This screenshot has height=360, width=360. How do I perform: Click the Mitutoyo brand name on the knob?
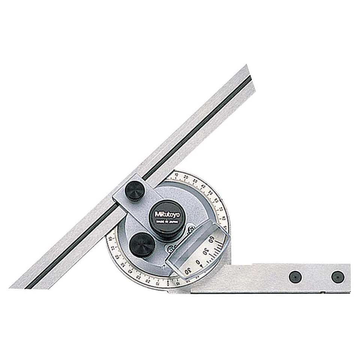pyautogui.click(x=166, y=214)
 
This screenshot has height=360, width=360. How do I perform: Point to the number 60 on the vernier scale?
pyautogui.click(x=211, y=240)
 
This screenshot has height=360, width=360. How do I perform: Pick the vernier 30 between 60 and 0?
pyautogui.click(x=205, y=251)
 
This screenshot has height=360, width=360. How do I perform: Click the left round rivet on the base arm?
pyautogui.click(x=295, y=276)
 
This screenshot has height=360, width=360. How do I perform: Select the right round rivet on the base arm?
pyautogui.click(x=337, y=276)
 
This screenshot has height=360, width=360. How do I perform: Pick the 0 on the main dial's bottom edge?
pyautogui.click(x=168, y=284)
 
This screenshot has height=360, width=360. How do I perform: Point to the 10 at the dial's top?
pyautogui.click(x=176, y=175)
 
